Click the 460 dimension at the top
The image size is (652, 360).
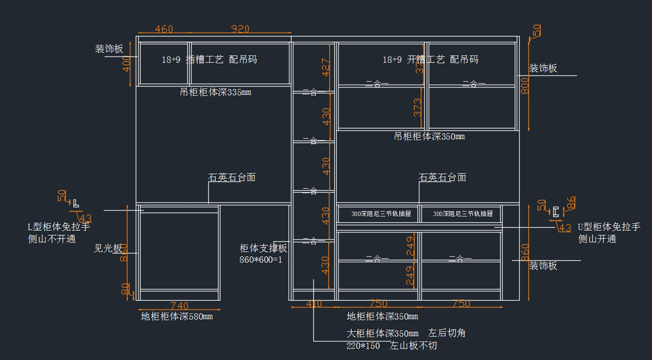click(x=164, y=29)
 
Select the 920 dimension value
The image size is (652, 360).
click(x=240, y=29)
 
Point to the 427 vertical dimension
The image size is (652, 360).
click(x=325, y=67)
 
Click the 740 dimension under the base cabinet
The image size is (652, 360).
click(x=179, y=306)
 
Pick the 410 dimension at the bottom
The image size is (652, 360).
click(x=314, y=304)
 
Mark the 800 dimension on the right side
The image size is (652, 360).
click(x=525, y=85)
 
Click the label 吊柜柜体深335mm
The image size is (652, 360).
click(x=215, y=92)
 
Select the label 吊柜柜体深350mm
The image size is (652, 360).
click(x=429, y=136)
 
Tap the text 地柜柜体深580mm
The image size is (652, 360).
click(x=177, y=317)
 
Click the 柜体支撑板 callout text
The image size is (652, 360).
click(x=263, y=248)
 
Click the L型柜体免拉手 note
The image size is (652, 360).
click(x=59, y=227)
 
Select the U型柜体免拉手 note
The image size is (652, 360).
click(x=609, y=228)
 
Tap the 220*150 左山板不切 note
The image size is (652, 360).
click(x=391, y=345)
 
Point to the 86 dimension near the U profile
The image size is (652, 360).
click(x=570, y=203)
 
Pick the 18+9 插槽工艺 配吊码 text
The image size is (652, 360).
click(x=209, y=60)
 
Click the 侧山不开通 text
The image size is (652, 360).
click(x=52, y=238)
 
